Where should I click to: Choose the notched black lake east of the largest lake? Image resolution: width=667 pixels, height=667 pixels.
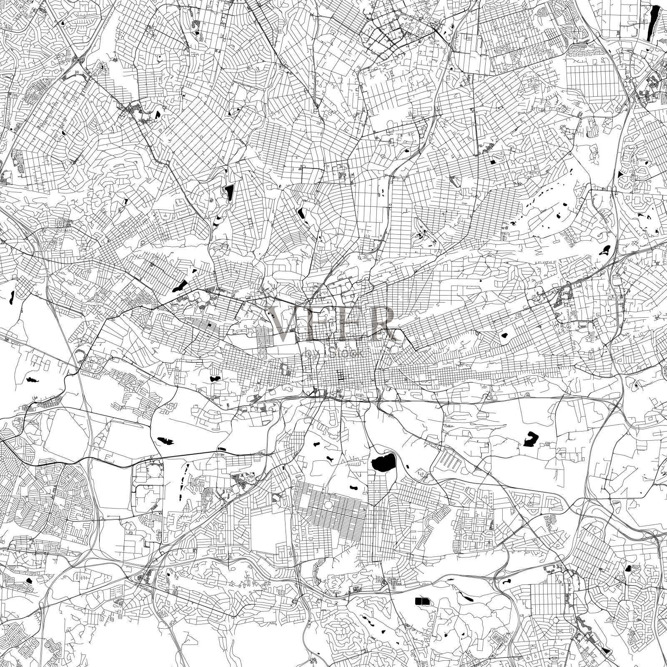(x=530, y=439)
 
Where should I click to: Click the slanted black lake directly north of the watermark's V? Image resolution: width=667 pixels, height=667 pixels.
(x=300, y=213)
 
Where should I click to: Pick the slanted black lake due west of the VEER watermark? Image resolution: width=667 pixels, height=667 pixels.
(x=181, y=286)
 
